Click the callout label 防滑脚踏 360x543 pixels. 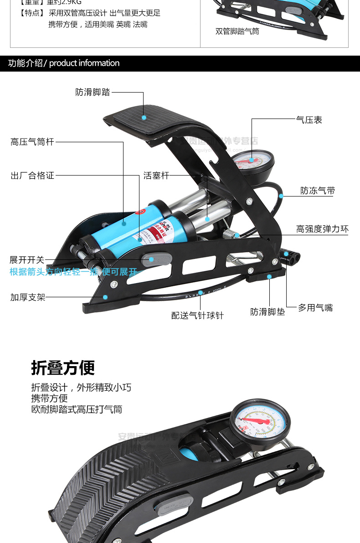(x=93, y=92)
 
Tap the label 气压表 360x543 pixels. (x=309, y=120)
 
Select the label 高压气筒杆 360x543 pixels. (x=32, y=142)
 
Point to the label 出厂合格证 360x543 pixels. (x=32, y=175)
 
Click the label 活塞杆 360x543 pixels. (x=156, y=176)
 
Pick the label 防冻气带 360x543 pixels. (x=318, y=191)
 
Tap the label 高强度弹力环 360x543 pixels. (x=322, y=229)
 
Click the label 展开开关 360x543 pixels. (x=27, y=260)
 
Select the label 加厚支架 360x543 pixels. (x=28, y=297)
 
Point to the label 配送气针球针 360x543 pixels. (x=197, y=315)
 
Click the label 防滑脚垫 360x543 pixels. (x=267, y=312)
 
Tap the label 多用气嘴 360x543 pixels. (x=315, y=308)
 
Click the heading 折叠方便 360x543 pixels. (x=63, y=367)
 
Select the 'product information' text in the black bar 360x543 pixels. (x=84, y=63)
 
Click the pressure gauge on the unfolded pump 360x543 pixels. (x=252, y=162)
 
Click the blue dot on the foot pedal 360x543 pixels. (x=144, y=117)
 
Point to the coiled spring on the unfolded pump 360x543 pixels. (x=232, y=234)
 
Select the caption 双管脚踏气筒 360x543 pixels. (x=237, y=31)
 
